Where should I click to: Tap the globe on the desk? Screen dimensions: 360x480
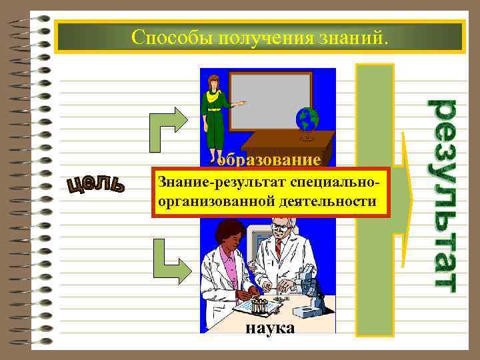click(307, 121)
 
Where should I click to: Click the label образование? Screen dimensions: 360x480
click(269, 160)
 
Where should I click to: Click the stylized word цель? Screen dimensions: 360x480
click(95, 185)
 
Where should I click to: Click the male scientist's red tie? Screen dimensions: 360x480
click(278, 248)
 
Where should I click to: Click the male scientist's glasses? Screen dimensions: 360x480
click(280, 227)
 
